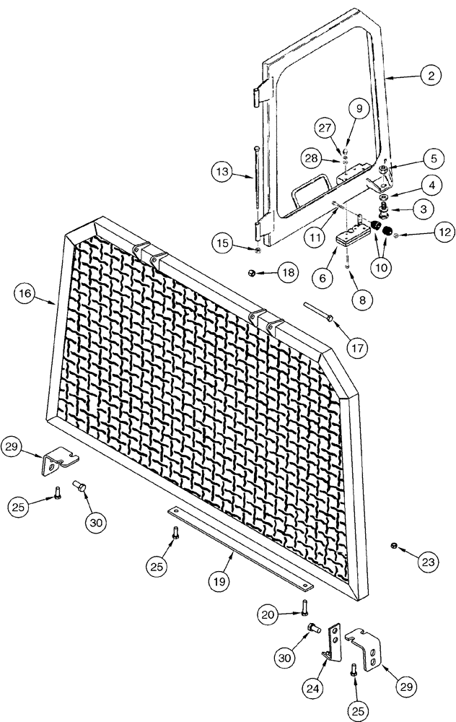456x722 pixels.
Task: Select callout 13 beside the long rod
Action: pos(223,172)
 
